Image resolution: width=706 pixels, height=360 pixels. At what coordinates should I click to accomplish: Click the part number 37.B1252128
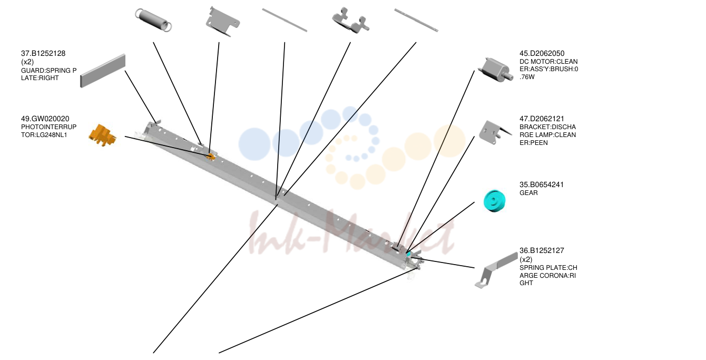pos(43,54)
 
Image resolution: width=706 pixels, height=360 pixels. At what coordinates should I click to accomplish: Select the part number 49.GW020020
pos(45,119)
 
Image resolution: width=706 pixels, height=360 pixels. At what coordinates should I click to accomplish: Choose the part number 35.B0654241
pos(542,184)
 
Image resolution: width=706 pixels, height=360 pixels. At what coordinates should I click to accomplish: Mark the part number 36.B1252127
pos(542,250)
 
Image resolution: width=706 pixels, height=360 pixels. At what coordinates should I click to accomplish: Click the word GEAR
pos(528,193)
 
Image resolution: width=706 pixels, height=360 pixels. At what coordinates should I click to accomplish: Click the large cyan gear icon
pos(495,201)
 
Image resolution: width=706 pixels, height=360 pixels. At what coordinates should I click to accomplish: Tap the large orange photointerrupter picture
pos(102,135)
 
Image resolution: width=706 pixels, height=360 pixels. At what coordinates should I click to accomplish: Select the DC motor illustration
pos(495,70)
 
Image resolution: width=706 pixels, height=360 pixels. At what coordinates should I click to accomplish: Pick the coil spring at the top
pos(153,20)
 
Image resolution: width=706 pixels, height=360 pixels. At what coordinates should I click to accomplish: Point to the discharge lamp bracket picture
pos(494,133)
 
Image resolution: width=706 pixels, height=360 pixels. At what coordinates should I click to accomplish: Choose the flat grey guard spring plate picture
pos(103,71)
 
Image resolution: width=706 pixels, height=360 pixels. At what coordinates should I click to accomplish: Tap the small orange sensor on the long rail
pos(211,156)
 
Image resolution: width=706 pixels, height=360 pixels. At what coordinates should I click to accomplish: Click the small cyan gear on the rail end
pos(408,254)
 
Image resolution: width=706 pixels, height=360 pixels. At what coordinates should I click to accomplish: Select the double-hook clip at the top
pos(350,21)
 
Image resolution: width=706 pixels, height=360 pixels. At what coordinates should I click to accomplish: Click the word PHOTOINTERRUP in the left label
pos(49,127)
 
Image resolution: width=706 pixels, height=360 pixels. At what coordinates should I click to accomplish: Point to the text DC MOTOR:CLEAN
pos(548,62)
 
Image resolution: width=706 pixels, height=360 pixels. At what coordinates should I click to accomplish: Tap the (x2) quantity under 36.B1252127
pos(526,259)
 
